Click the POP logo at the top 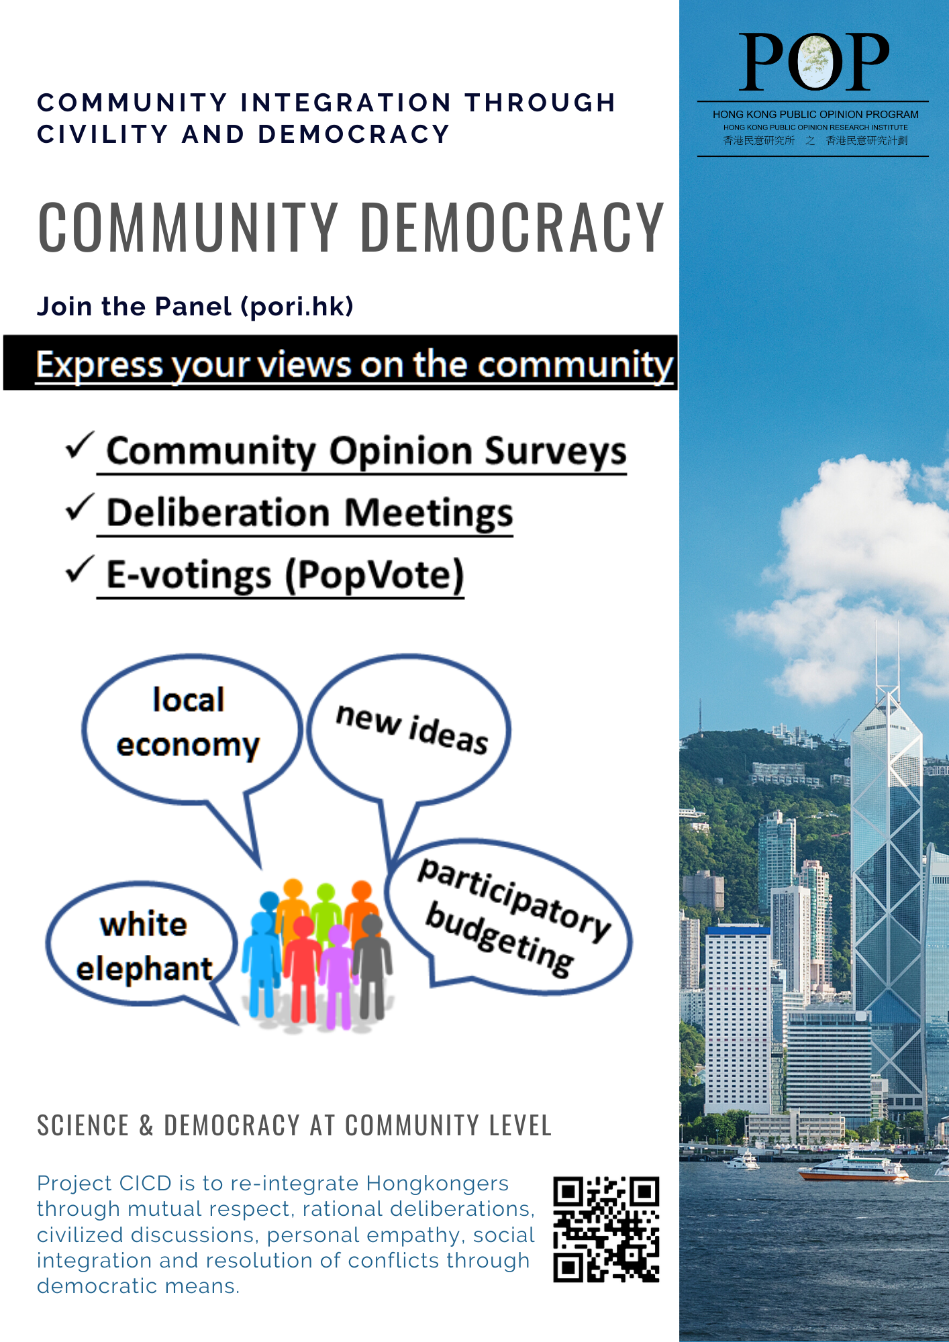pyautogui.click(x=813, y=62)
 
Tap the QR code pyautogui.click(x=606, y=1229)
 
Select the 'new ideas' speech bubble pyautogui.click(x=409, y=728)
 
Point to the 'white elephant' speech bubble pyautogui.click(x=143, y=946)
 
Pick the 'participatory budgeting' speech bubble pyautogui.click(x=513, y=916)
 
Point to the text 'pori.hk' pyautogui.click(x=297, y=307)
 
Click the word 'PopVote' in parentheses pyautogui.click(x=374, y=575)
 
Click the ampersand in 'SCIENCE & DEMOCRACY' pyautogui.click(x=146, y=1126)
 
